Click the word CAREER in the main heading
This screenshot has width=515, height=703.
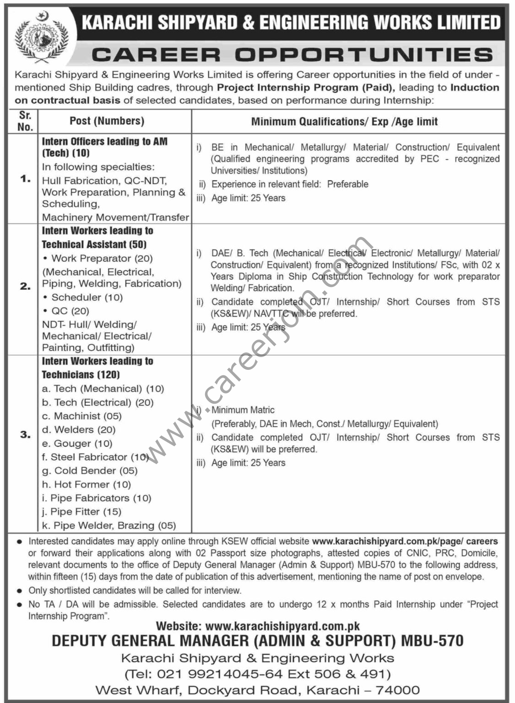(156, 55)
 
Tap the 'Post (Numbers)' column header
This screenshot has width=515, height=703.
(107, 121)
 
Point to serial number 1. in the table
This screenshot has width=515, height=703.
(25, 179)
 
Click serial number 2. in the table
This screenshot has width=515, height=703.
(25, 287)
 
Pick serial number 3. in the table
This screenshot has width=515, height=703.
(25, 434)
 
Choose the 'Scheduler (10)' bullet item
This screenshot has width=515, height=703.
(87, 297)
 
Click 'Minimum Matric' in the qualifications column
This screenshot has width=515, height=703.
(243, 410)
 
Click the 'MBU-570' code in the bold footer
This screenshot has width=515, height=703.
(432, 641)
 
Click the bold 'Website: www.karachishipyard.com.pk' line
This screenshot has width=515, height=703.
(258, 626)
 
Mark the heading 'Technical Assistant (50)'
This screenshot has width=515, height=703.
(94, 244)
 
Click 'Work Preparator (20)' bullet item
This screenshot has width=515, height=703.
(102, 259)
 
